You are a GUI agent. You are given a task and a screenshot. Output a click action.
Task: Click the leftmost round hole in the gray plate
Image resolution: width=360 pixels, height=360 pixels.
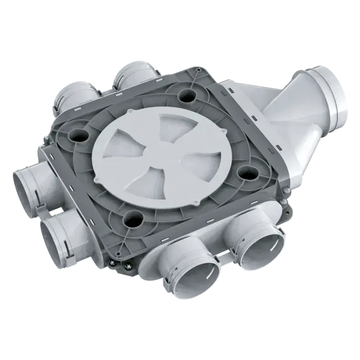79,136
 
